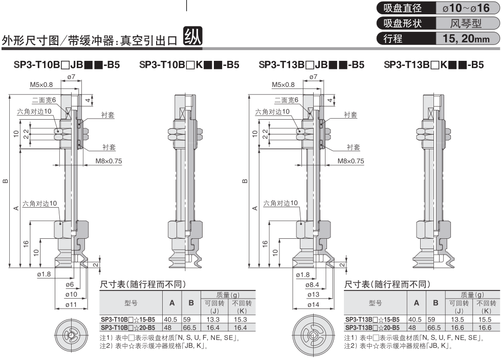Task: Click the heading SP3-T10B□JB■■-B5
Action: [63, 65]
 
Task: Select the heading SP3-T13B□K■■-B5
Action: [433, 65]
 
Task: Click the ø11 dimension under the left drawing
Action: [71, 305]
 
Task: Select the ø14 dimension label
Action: [313, 305]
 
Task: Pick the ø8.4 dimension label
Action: [313, 285]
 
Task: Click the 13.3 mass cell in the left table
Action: [214, 320]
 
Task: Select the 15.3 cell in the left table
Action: [241, 320]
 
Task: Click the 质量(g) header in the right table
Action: [471, 295]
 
